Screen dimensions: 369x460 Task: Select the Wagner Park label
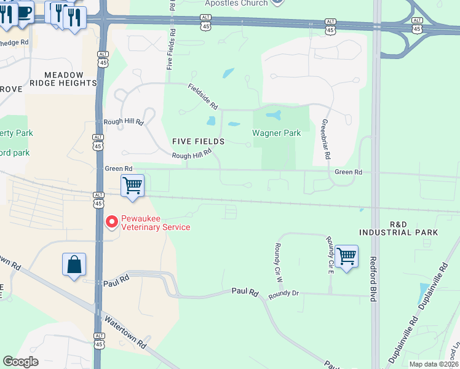coord(277,133)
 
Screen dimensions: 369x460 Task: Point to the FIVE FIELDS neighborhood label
coord(198,141)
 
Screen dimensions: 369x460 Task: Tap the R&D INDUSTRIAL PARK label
coord(399,228)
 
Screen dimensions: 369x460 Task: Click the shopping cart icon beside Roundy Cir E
coord(347,255)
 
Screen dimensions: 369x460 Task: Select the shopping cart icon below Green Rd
coord(132,185)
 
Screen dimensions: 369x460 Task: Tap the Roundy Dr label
coord(283,293)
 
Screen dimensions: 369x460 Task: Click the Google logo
coord(21,362)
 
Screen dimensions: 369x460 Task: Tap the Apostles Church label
coord(236,3)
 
